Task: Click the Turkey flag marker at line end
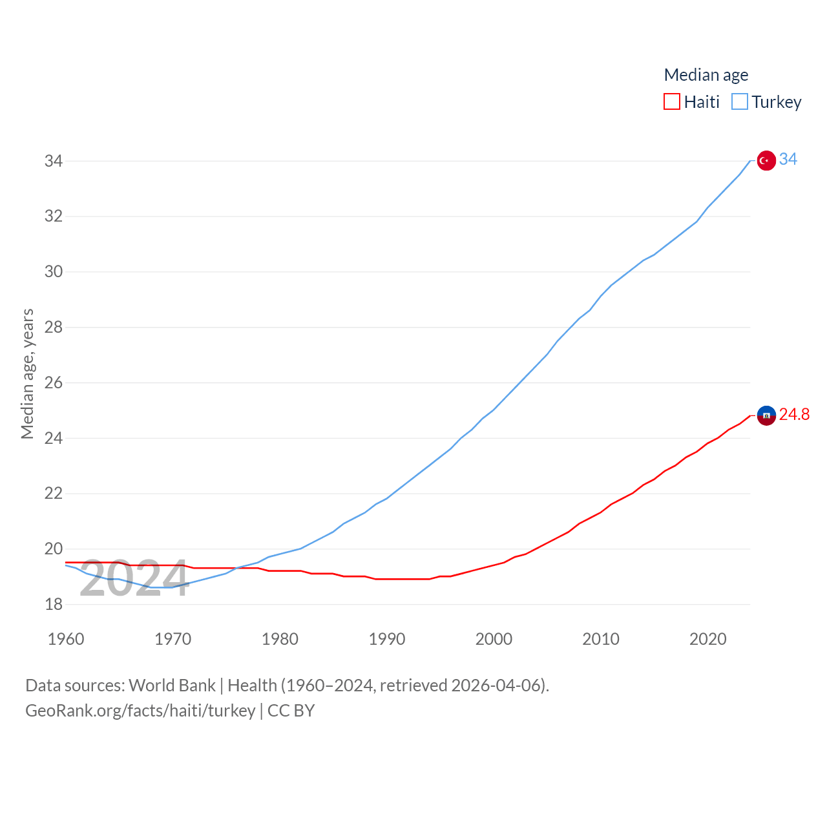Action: pos(766,160)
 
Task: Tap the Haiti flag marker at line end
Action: pos(766,415)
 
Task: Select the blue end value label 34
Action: pos(788,159)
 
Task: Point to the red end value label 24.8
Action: pos(794,414)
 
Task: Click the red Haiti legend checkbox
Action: pos(672,102)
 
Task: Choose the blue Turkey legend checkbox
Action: pos(740,102)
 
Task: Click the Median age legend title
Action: pos(706,75)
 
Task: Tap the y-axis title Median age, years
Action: pos(27,373)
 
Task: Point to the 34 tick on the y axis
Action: pos(54,161)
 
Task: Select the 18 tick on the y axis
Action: pos(54,604)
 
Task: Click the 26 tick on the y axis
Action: pos(54,382)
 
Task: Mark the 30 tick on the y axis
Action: pos(54,271)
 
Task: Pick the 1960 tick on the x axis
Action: pos(66,639)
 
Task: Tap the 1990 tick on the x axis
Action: pos(387,639)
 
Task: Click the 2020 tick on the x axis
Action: pos(708,639)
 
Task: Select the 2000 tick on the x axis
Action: pos(494,639)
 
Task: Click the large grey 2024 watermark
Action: pos(134,579)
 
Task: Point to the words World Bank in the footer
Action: pos(172,685)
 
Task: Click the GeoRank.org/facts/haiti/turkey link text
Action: pos(140,711)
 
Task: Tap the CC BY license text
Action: pos(291,711)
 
